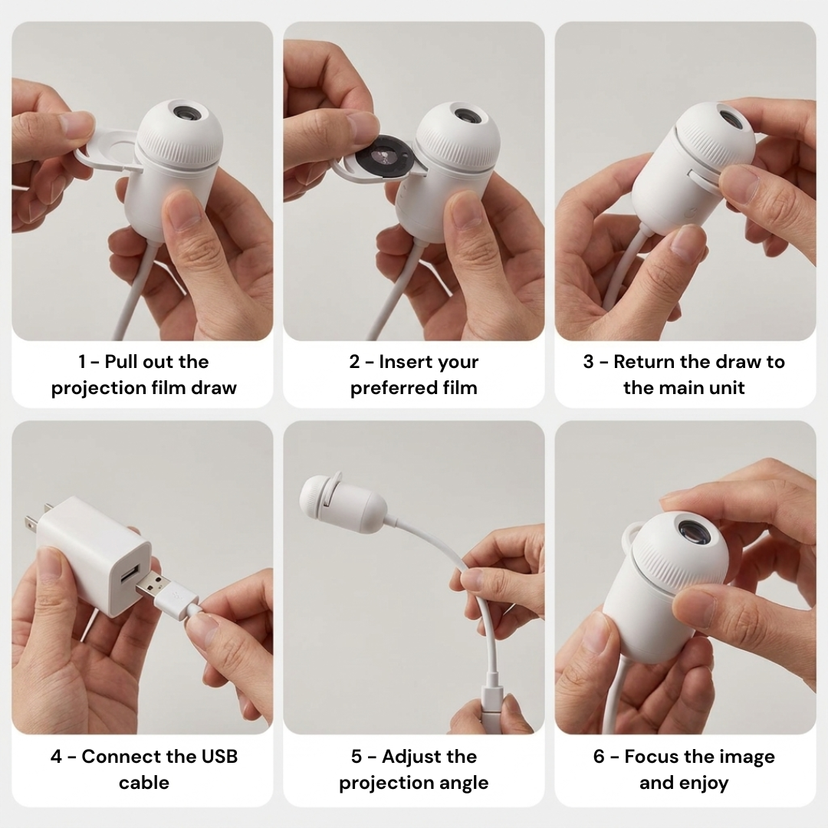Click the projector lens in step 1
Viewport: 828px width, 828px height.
click(x=186, y=112)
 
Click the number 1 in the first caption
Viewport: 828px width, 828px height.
click(x=82, y=362)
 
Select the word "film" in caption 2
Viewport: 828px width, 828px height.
click(x=460, y=388)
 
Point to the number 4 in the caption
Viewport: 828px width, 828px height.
click(x=56, y=757)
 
